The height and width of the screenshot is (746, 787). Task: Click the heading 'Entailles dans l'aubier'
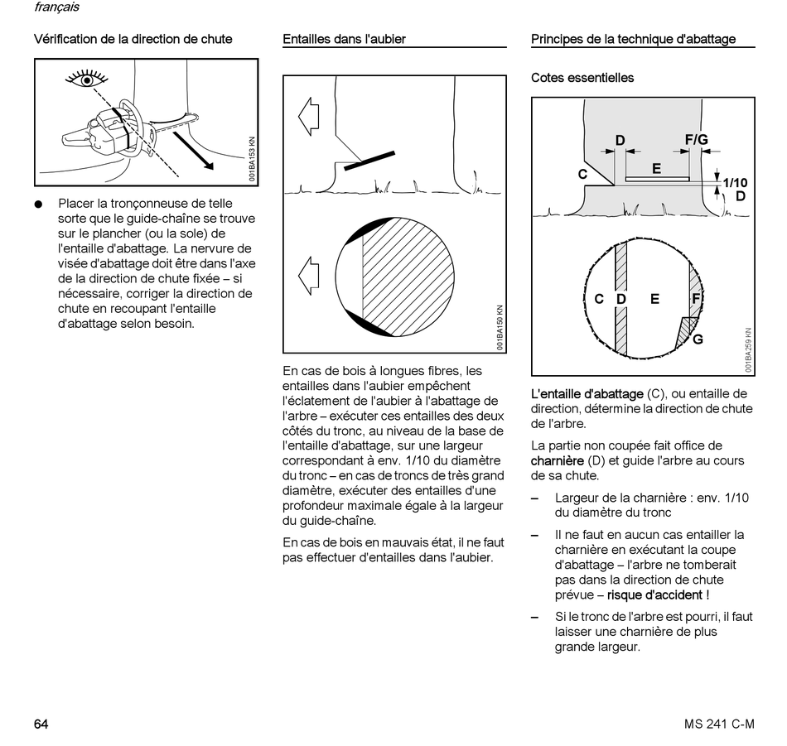[x=344, y=39]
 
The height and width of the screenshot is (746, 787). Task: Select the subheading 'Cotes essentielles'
[x=582, y=78]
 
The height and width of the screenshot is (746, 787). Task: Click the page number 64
[x=41, y=724]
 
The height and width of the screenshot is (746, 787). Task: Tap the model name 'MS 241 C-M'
[x=719, y=724]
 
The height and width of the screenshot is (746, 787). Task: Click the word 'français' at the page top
[x=57, y=7]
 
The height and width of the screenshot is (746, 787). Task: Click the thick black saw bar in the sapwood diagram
[x=369, y=160]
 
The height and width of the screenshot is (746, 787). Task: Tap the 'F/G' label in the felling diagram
[x=696, y=141]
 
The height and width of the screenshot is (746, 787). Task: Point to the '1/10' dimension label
[x=734, y=183]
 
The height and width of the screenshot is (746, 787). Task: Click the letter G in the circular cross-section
[x=698, y=339]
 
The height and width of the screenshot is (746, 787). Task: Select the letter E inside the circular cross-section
[x=654, y=299]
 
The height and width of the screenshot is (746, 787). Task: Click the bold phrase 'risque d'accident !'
[x=658, y=595]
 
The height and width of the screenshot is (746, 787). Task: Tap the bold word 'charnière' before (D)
[x=557, y=460]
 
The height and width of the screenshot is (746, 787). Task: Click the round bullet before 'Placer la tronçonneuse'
[x=38, y=204]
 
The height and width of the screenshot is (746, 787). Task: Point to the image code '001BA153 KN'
[x=252, y=158]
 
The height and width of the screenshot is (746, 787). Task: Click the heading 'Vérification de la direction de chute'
[x=133, y=39]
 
